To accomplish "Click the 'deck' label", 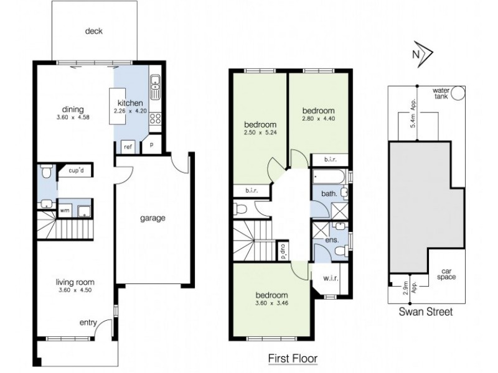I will coord(94,32).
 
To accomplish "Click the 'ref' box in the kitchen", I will coord(128,147).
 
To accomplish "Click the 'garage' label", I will coord(152,218).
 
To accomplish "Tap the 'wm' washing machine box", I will coord(64,211).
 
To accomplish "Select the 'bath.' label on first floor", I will coord(329,194).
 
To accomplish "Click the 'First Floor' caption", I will coord(293,358).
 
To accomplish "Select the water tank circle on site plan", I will coord(458,94).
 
